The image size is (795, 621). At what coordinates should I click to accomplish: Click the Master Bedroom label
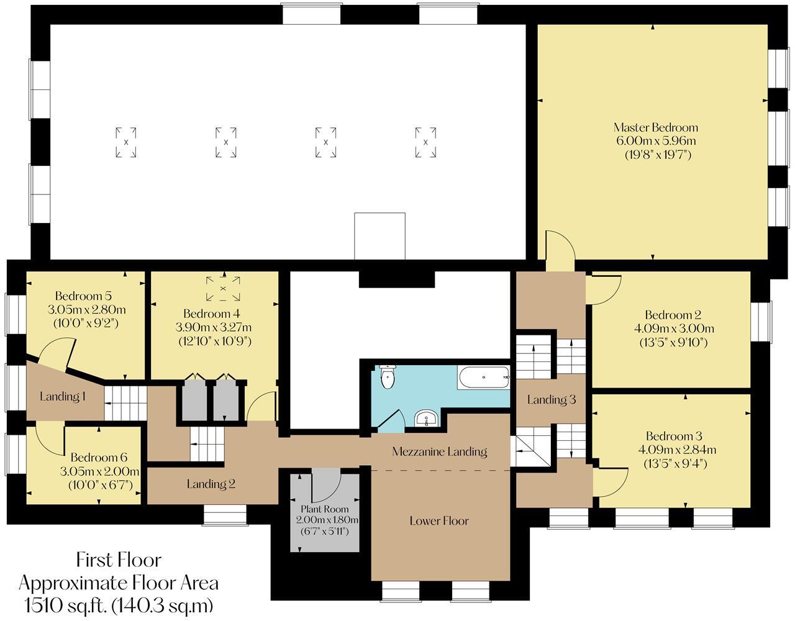point(656,127)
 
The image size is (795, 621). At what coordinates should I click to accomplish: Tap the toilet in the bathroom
point(387,377)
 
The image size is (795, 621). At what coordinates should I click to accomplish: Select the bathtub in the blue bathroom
point(483,377)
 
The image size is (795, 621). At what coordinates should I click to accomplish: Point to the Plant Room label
point(326,509)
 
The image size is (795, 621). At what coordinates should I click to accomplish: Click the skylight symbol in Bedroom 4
point(223,288)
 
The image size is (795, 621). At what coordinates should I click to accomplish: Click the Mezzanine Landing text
point(439,451)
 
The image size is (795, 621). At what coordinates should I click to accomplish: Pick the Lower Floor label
point(439,520)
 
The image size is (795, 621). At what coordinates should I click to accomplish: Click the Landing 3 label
point(552,400)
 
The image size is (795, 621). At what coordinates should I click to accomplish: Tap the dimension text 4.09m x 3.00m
point(679,329)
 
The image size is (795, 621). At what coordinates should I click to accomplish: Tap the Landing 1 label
point(63,396)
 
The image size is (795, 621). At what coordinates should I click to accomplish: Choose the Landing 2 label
point(211,484)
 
